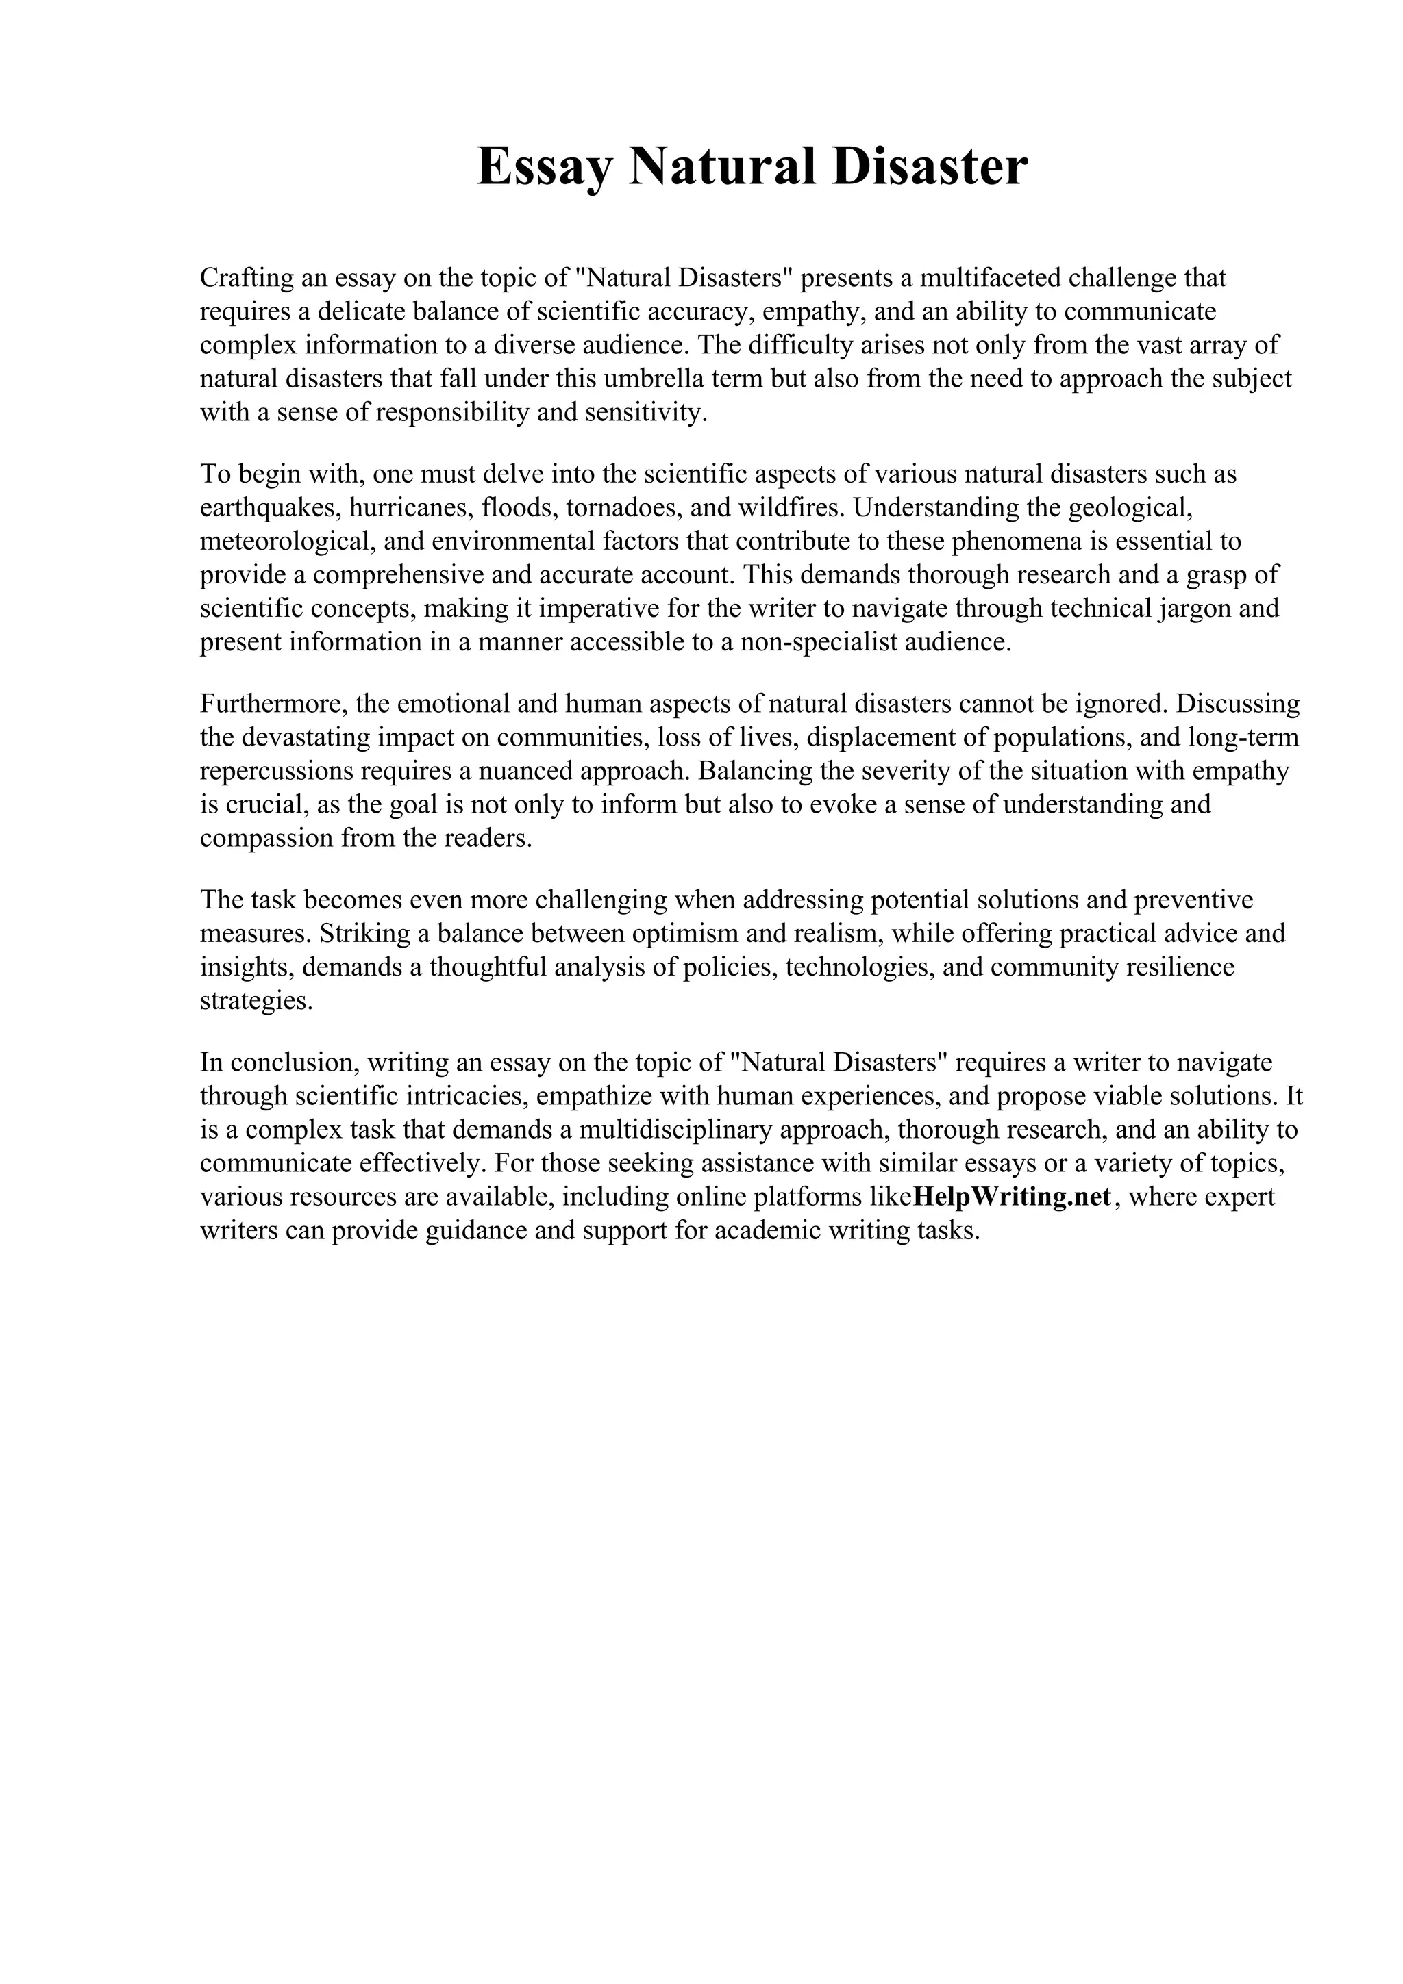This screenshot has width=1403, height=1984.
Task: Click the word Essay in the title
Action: (545, 167)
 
